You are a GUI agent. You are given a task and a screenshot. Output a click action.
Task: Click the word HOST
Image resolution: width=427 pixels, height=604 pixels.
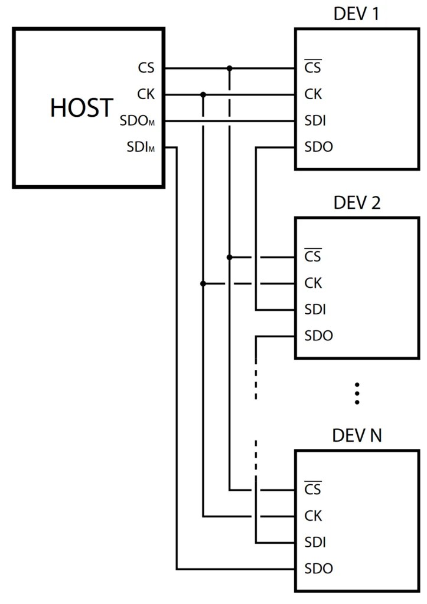click(x=82, y=107)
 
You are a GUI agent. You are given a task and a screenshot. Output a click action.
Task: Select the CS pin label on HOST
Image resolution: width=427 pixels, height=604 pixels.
click(x=146, y=68)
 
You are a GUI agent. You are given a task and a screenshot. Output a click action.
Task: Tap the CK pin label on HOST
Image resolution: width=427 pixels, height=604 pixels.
click(x=146, y=94)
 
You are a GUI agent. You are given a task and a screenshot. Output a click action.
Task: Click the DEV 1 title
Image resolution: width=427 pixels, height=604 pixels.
click(x=356, y=14)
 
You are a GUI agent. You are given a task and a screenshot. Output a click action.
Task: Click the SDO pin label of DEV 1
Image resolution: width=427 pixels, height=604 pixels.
click(x=318, y=147)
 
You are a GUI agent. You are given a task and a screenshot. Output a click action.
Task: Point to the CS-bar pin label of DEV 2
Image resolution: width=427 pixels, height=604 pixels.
click(x=313, y=257)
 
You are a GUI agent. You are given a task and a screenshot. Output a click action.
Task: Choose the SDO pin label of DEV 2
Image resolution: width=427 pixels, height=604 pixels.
click(x=318, y=336)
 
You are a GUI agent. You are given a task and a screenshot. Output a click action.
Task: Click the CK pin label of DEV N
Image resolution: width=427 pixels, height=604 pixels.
click(x=313, y=516)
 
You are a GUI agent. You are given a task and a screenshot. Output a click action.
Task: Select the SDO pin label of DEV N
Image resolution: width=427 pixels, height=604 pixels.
click(x=318, y=569)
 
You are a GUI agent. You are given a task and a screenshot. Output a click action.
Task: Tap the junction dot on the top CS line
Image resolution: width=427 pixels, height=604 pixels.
click(x=230, y=68)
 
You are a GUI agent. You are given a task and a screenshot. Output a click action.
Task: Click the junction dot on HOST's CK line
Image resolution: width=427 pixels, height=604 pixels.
click(x=203, y=94)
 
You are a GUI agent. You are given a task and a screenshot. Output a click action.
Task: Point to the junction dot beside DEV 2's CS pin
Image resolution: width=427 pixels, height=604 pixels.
click(x=230, y=257)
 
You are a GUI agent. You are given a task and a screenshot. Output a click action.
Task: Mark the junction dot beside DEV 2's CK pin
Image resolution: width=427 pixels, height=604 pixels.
click(x=203, y=284)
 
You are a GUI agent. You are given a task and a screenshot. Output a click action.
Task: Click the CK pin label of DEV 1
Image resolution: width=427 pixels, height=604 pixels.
click(x=313, y=94)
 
